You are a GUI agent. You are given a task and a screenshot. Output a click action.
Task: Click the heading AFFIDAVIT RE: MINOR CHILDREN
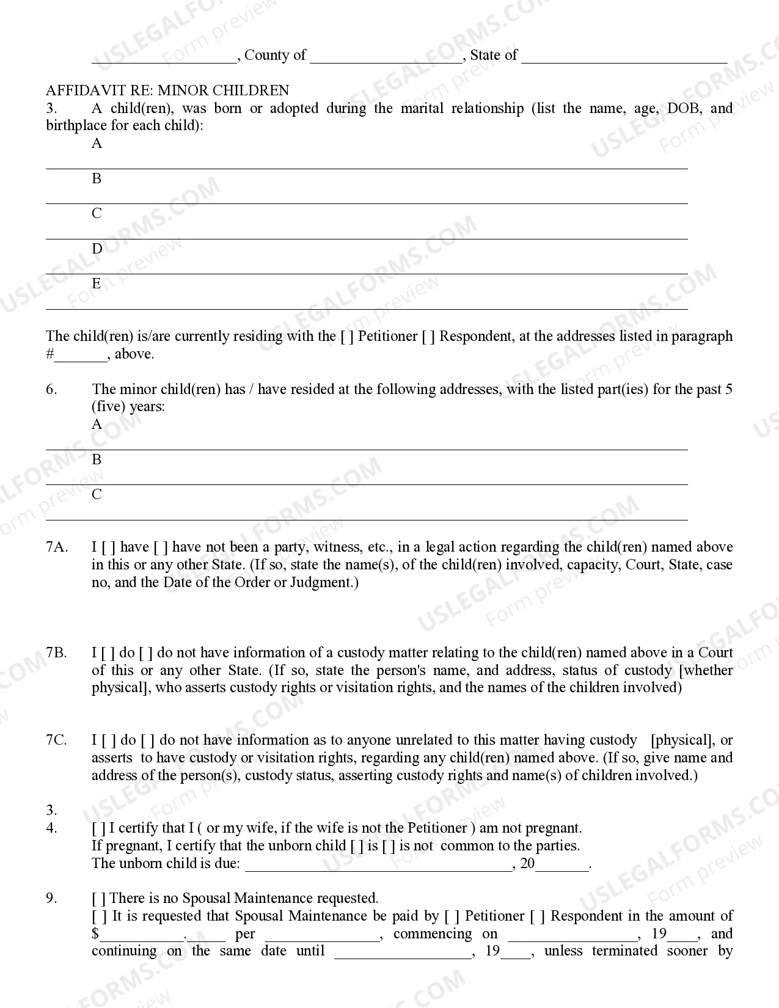pos(167,90)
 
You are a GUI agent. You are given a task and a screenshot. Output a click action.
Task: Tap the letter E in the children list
pos(97,283)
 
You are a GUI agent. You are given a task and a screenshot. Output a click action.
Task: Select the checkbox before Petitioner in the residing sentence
pos(347,337)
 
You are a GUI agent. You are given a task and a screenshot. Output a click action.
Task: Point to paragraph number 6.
pos(51,389)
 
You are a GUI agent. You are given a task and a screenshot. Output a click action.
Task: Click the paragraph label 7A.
pos(56,547)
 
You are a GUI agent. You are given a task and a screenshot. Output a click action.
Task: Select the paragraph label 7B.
pos(56,652)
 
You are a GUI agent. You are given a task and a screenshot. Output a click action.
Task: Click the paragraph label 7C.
pos(56,740)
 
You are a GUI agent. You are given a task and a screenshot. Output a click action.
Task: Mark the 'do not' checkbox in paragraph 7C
pos(147,740)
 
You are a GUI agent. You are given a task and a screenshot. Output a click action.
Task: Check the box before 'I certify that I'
pos(98,828)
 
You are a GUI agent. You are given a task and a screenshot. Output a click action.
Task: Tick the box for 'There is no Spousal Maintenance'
pos(98,899)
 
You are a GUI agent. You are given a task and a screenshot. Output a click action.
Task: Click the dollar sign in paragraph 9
pos(95,934)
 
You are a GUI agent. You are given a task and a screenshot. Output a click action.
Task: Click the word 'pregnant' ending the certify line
pos(555,828)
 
